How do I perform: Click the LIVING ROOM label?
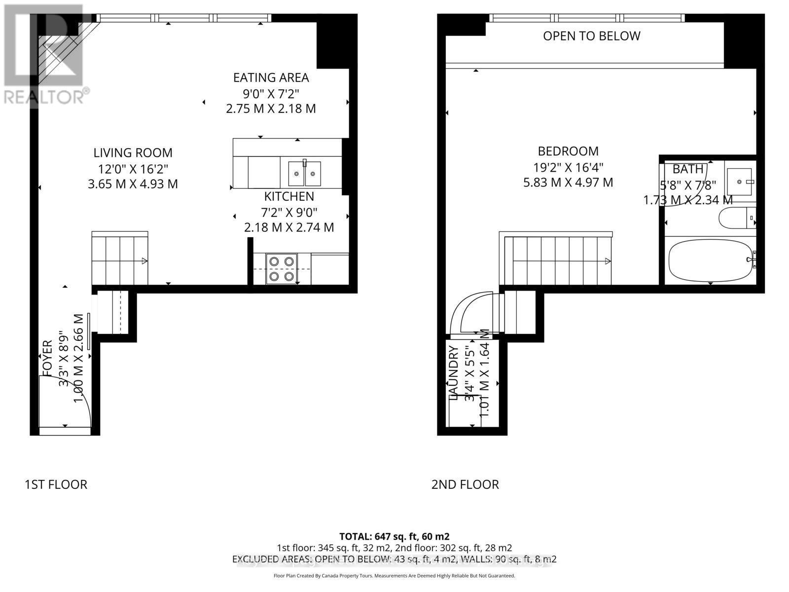(133, 153)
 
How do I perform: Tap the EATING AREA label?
(271, 77)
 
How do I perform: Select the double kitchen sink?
(304, 173)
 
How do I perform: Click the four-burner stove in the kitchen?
(282, 269)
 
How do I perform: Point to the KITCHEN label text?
(289, 196)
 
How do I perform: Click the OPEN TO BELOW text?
(591, 36)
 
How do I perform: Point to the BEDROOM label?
(568, 151)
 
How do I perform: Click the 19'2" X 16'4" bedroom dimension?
(568, 167)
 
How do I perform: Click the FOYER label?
(47, 358)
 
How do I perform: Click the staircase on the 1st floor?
(120, 258)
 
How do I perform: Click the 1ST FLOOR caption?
(56, 484)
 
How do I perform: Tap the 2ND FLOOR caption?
(465, 484)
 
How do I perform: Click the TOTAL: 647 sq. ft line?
(394, 536)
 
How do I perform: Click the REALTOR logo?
(44, 54)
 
